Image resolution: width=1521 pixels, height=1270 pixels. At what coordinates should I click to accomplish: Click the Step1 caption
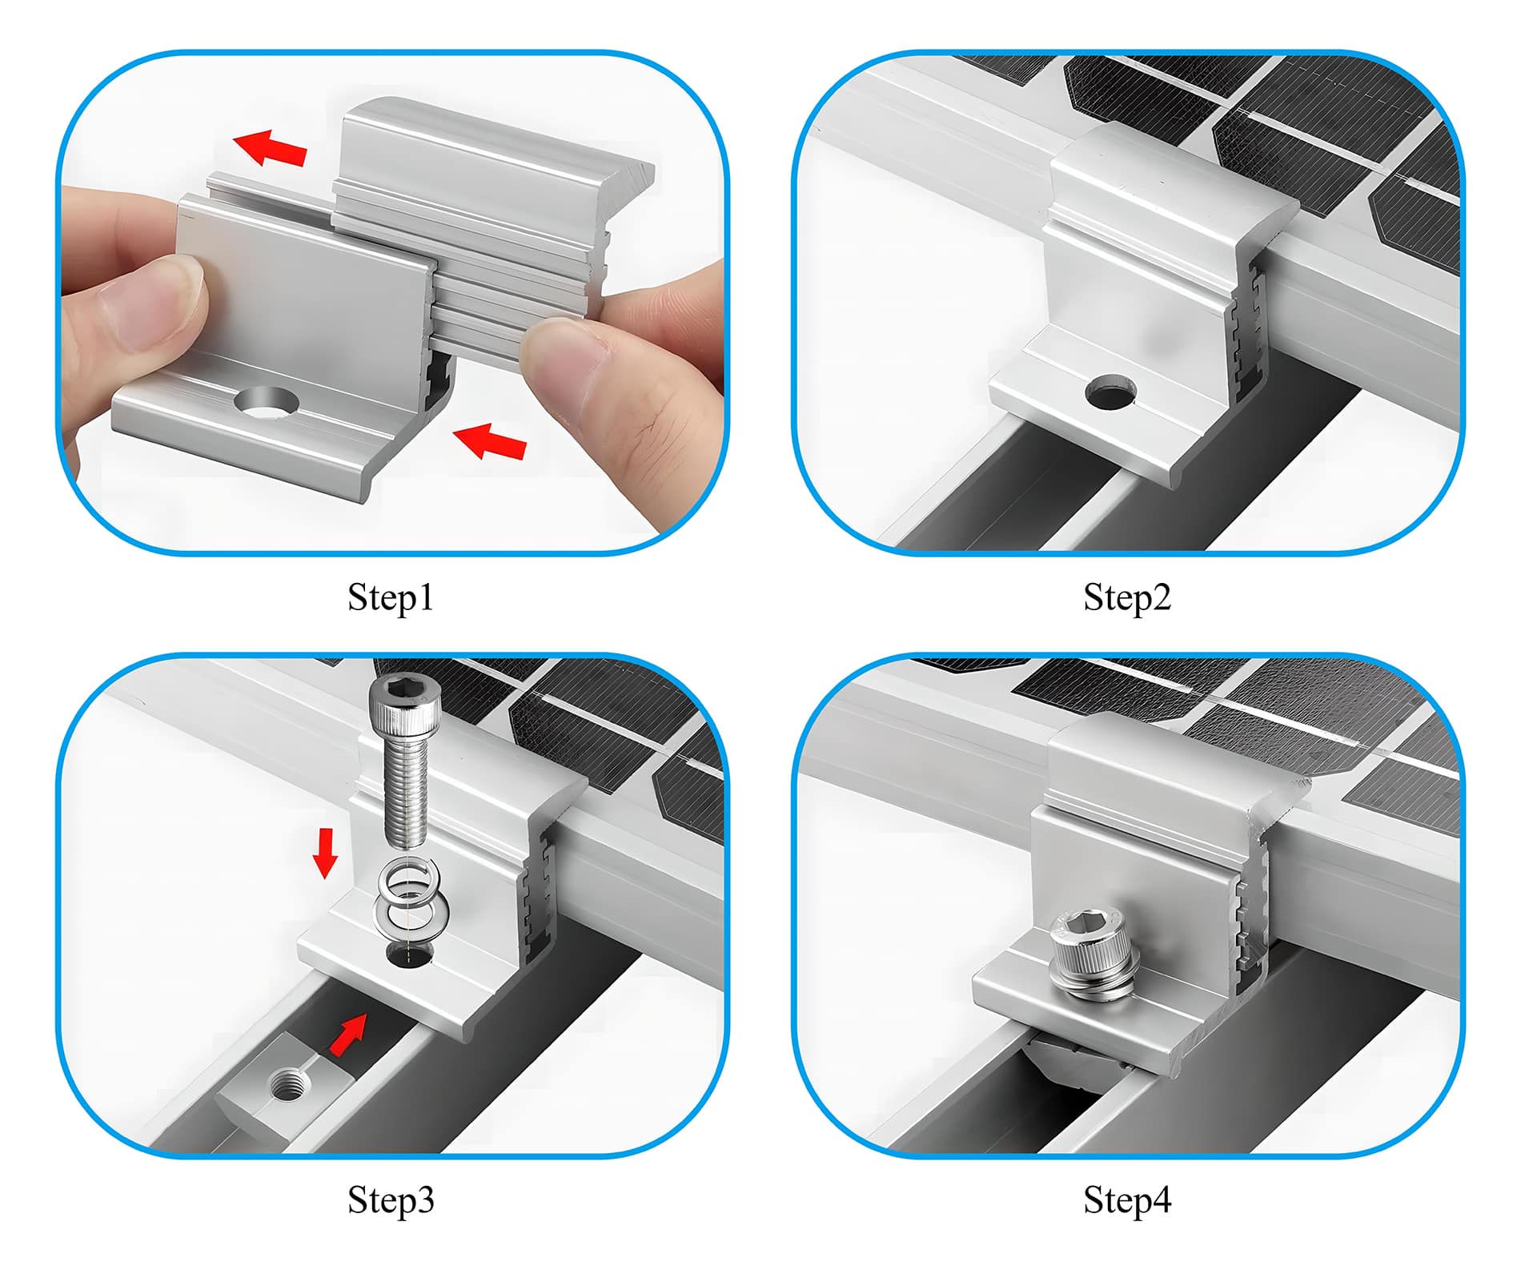pyautogui.click(x=391, y=597)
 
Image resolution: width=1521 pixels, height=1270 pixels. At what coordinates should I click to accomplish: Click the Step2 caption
pyautogui.click(x=1126, y=597)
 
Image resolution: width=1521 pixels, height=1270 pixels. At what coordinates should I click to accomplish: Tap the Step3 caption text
pyautogui.click(x=391, y=1200)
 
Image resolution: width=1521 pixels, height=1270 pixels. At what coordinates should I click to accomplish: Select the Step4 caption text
pyautogui.click(x=1126, y=1200)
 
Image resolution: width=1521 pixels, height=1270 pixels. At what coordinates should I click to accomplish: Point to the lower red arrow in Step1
pyautogui.click(x=490, y=441)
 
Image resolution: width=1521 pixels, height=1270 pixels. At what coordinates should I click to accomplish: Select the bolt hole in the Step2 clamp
pyautogui.click(x=1110, y=392)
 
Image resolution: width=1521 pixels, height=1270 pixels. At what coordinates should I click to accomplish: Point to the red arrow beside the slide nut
pyautogui.click(x=349, y=1035)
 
